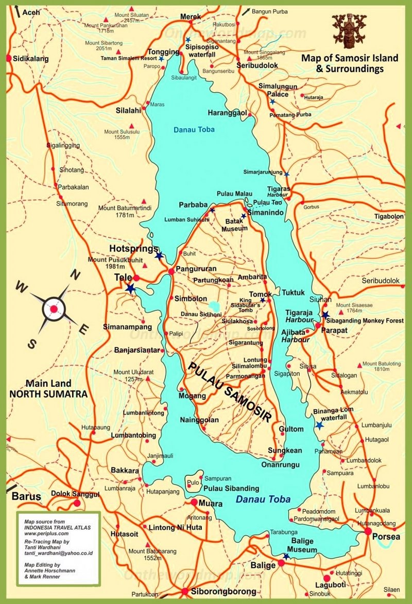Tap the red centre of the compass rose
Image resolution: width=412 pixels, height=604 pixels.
tap(54, 309)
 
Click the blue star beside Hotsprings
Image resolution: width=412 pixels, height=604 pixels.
tap(159, 255)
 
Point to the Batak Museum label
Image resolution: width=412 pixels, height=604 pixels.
tap(234, 225)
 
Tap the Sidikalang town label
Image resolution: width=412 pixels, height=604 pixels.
tap(31, 58)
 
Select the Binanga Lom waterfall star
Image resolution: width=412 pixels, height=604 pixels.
tap(320, 425)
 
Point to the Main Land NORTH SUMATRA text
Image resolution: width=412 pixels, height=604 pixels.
tap(48, 389)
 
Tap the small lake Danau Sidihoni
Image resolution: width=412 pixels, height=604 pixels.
tap(215, 307)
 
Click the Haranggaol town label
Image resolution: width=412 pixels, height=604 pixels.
tap(227, 112)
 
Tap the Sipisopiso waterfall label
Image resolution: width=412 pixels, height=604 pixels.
tap(202, 49)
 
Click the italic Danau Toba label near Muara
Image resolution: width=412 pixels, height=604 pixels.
tap(263, 499)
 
